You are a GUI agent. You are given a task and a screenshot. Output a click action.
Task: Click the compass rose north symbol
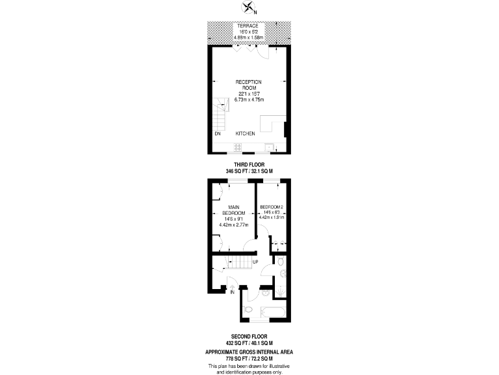tap(249, 8)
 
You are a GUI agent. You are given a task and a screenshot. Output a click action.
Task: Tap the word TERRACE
tap(249, 26)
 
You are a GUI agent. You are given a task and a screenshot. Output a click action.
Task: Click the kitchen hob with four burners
tap(238, 148)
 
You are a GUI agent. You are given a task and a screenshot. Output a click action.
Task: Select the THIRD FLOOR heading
tap(249, 165)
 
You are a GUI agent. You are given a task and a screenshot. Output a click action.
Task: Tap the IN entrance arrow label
tap(232, 292)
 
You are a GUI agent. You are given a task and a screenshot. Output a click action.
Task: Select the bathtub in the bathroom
tap(267, 312)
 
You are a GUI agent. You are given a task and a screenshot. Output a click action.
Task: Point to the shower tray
tap(281, 287)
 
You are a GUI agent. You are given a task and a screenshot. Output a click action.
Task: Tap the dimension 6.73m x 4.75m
tap(249, 99)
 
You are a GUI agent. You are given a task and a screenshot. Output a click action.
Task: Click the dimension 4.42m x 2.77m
tap(233, 225)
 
